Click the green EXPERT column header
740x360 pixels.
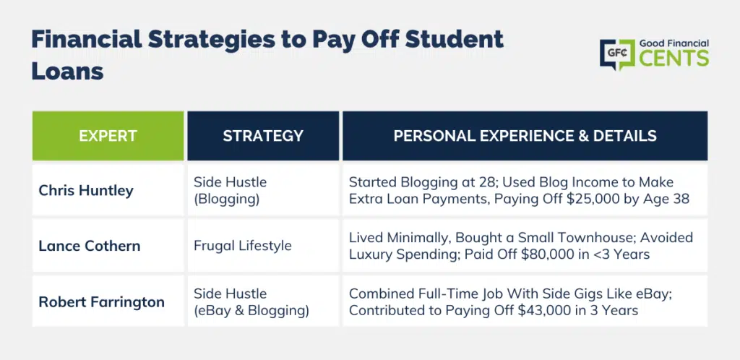[108, 136]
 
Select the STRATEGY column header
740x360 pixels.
[263, 136]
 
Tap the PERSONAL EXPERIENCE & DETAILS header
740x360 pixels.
[525, 136]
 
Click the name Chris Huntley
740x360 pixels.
[86, 191]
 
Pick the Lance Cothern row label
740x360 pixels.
[89, 246]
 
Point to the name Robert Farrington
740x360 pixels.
[101, 301]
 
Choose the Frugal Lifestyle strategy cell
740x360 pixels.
[243, 246]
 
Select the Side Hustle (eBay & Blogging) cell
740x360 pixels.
[251, 302]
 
